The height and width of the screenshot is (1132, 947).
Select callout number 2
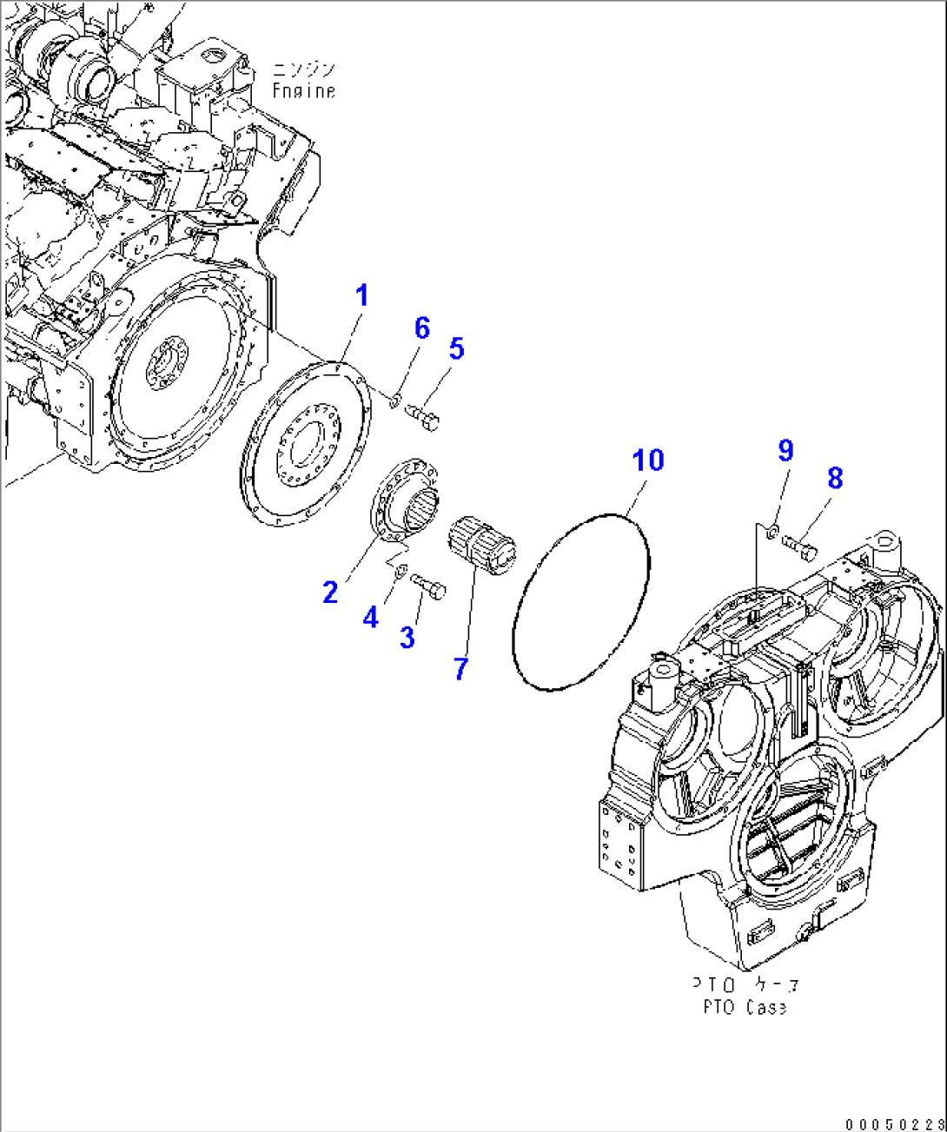point(330,592)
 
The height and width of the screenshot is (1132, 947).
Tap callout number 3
point(407,637)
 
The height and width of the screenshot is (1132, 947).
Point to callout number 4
point(371,618)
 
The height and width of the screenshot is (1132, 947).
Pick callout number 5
point(456,349)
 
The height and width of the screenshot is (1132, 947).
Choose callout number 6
point(422,328)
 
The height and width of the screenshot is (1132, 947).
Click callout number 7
point(460,668)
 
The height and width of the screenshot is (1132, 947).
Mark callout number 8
point(835,477)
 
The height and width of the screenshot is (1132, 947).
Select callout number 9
point(785,450)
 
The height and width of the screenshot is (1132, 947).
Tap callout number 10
point(648,460)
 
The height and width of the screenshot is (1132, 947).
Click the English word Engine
point(303,89)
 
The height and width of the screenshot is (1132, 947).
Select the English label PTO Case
point(745,1008)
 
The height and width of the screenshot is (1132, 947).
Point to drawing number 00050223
point(900,1122)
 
